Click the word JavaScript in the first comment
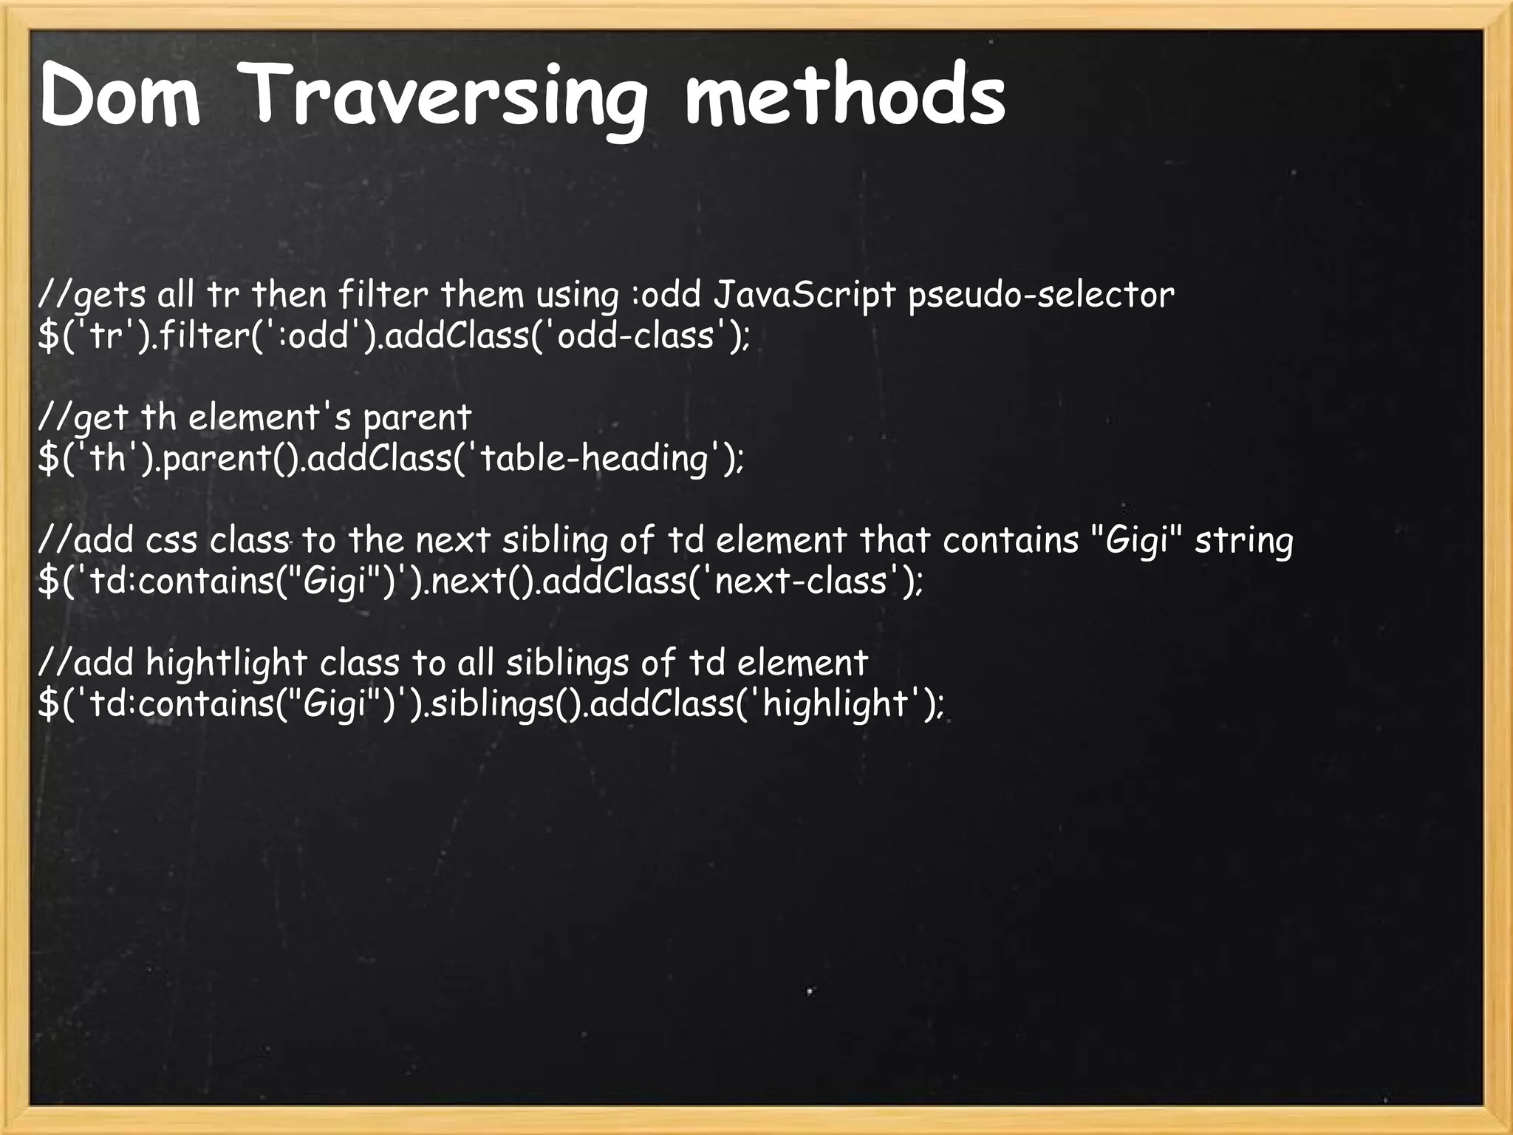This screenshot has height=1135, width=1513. click(805, 296)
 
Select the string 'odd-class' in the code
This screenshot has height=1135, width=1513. click(635, 336)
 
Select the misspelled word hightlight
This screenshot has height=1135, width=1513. click(226, 663)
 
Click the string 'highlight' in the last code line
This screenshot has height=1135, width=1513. click(836, 703)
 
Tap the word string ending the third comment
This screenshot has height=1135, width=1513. click(1244, 541)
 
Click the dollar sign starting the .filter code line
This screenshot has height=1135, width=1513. click(48, 336)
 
